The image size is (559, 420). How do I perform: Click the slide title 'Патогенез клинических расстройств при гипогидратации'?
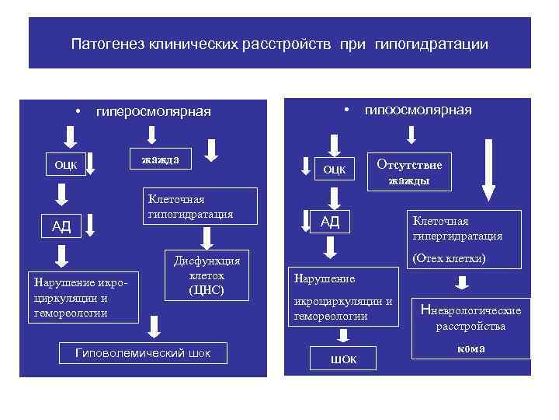279,44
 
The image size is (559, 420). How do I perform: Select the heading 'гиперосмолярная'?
153,111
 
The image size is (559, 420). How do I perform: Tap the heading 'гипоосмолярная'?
418,110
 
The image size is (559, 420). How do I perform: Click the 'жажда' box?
160,159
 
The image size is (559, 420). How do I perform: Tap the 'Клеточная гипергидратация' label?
457,229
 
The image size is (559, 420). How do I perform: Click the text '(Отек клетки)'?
449,257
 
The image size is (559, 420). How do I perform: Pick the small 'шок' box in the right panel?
342,359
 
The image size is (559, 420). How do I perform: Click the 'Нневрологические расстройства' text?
470,318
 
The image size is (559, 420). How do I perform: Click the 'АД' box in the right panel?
330,222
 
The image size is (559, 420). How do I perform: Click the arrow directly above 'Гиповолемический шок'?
155,328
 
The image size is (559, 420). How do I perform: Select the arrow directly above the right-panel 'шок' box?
342,335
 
